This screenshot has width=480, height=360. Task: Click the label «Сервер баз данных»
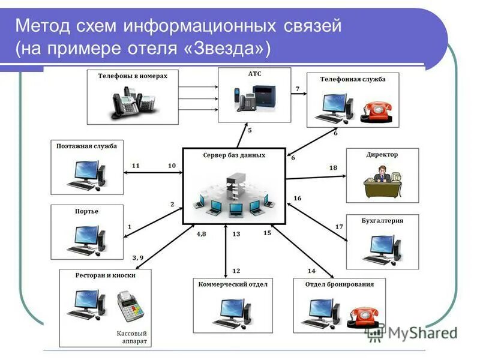[x=233, y=155]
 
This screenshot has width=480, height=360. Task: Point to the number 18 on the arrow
[x=333, y=168]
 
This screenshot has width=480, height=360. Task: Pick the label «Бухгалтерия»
[x=382, y=220]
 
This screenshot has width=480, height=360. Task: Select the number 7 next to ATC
[x=297, y=89]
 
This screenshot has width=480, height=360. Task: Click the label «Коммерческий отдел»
[x=233, y=284]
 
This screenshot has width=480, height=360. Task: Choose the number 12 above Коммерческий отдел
[x=236, y=271]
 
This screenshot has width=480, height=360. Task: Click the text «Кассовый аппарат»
[x=131, y=337]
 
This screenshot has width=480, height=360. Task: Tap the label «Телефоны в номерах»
[x=133, y=76]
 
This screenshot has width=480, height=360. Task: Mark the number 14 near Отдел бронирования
[x=311, y=271]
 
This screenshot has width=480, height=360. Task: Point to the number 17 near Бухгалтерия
[x=339, y=227]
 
